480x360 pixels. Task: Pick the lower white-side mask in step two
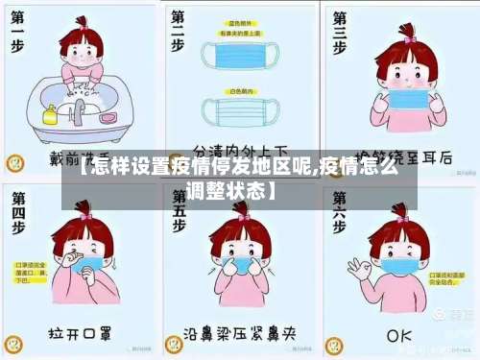243,111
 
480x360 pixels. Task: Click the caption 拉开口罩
81,335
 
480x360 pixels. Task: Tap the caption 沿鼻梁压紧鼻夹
239,335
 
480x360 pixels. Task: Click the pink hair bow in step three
410,39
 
